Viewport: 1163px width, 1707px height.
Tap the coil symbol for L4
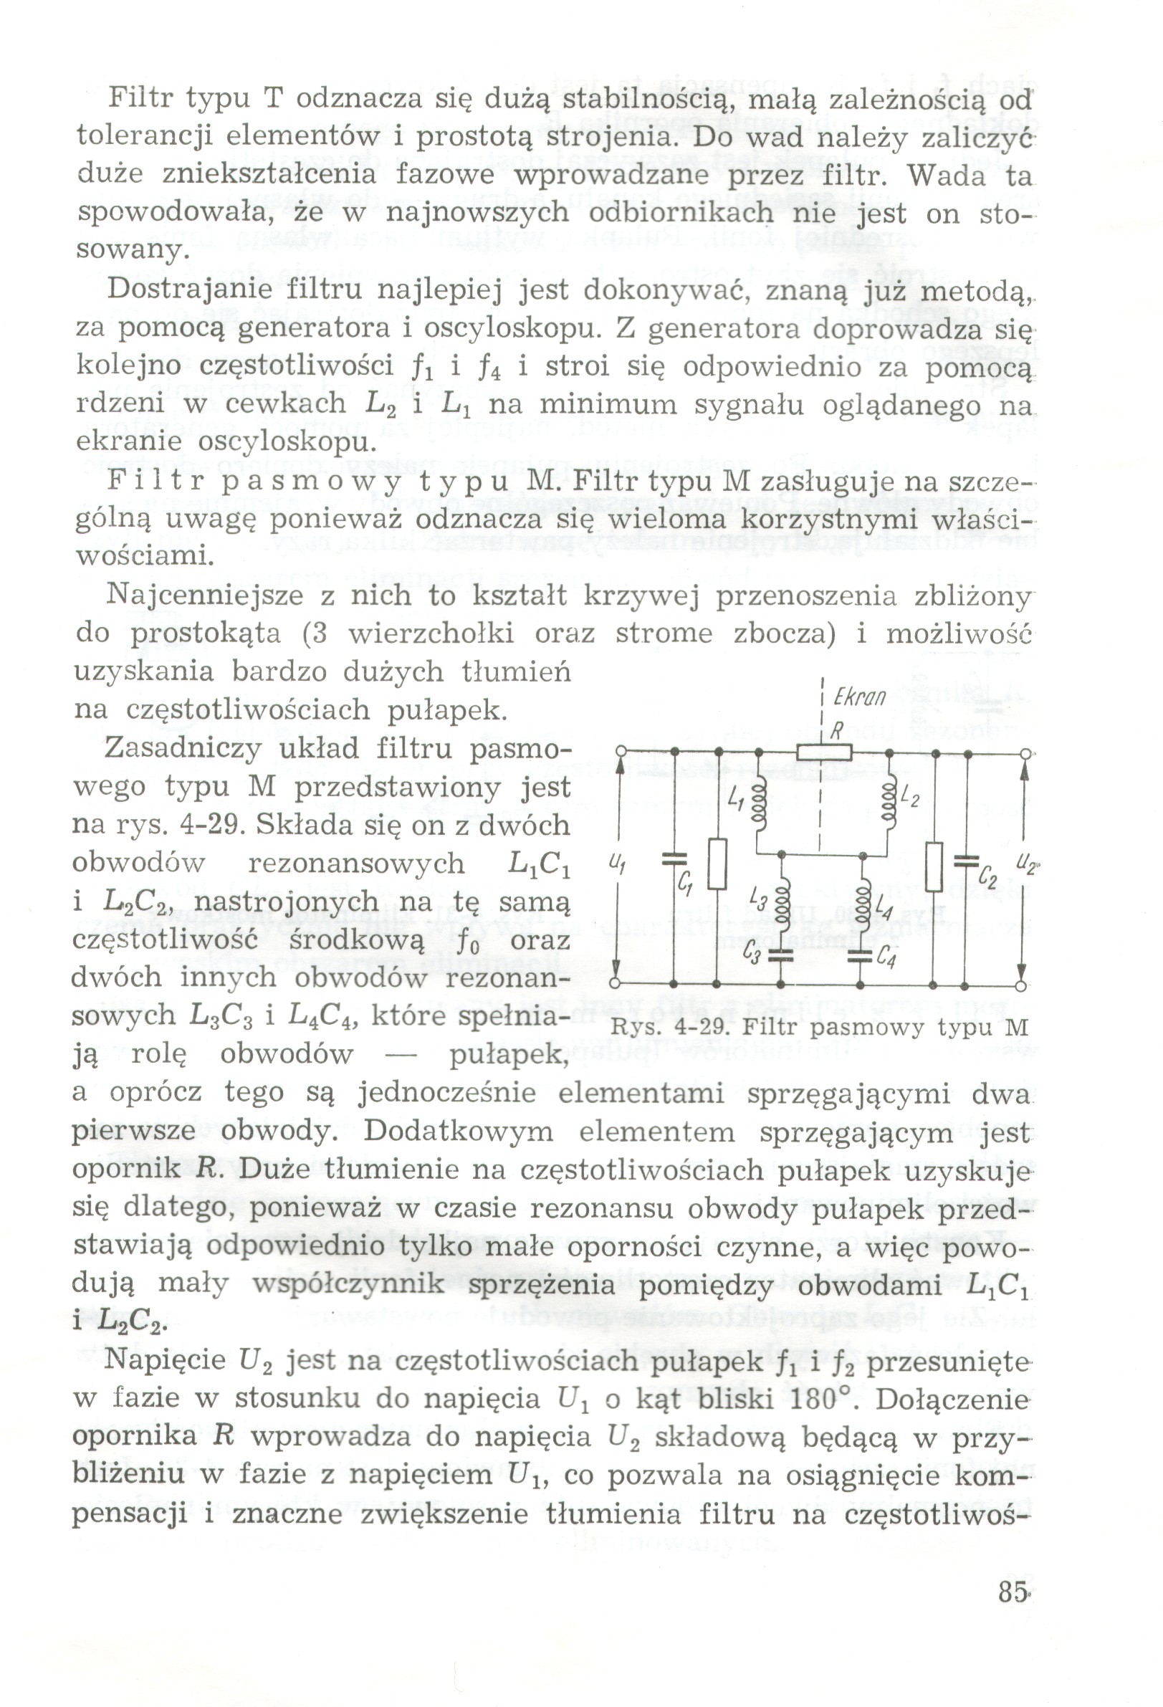(862, 902)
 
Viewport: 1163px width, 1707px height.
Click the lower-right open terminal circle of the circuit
(1020, 984)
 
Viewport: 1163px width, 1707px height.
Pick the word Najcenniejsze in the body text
(204, 595)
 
